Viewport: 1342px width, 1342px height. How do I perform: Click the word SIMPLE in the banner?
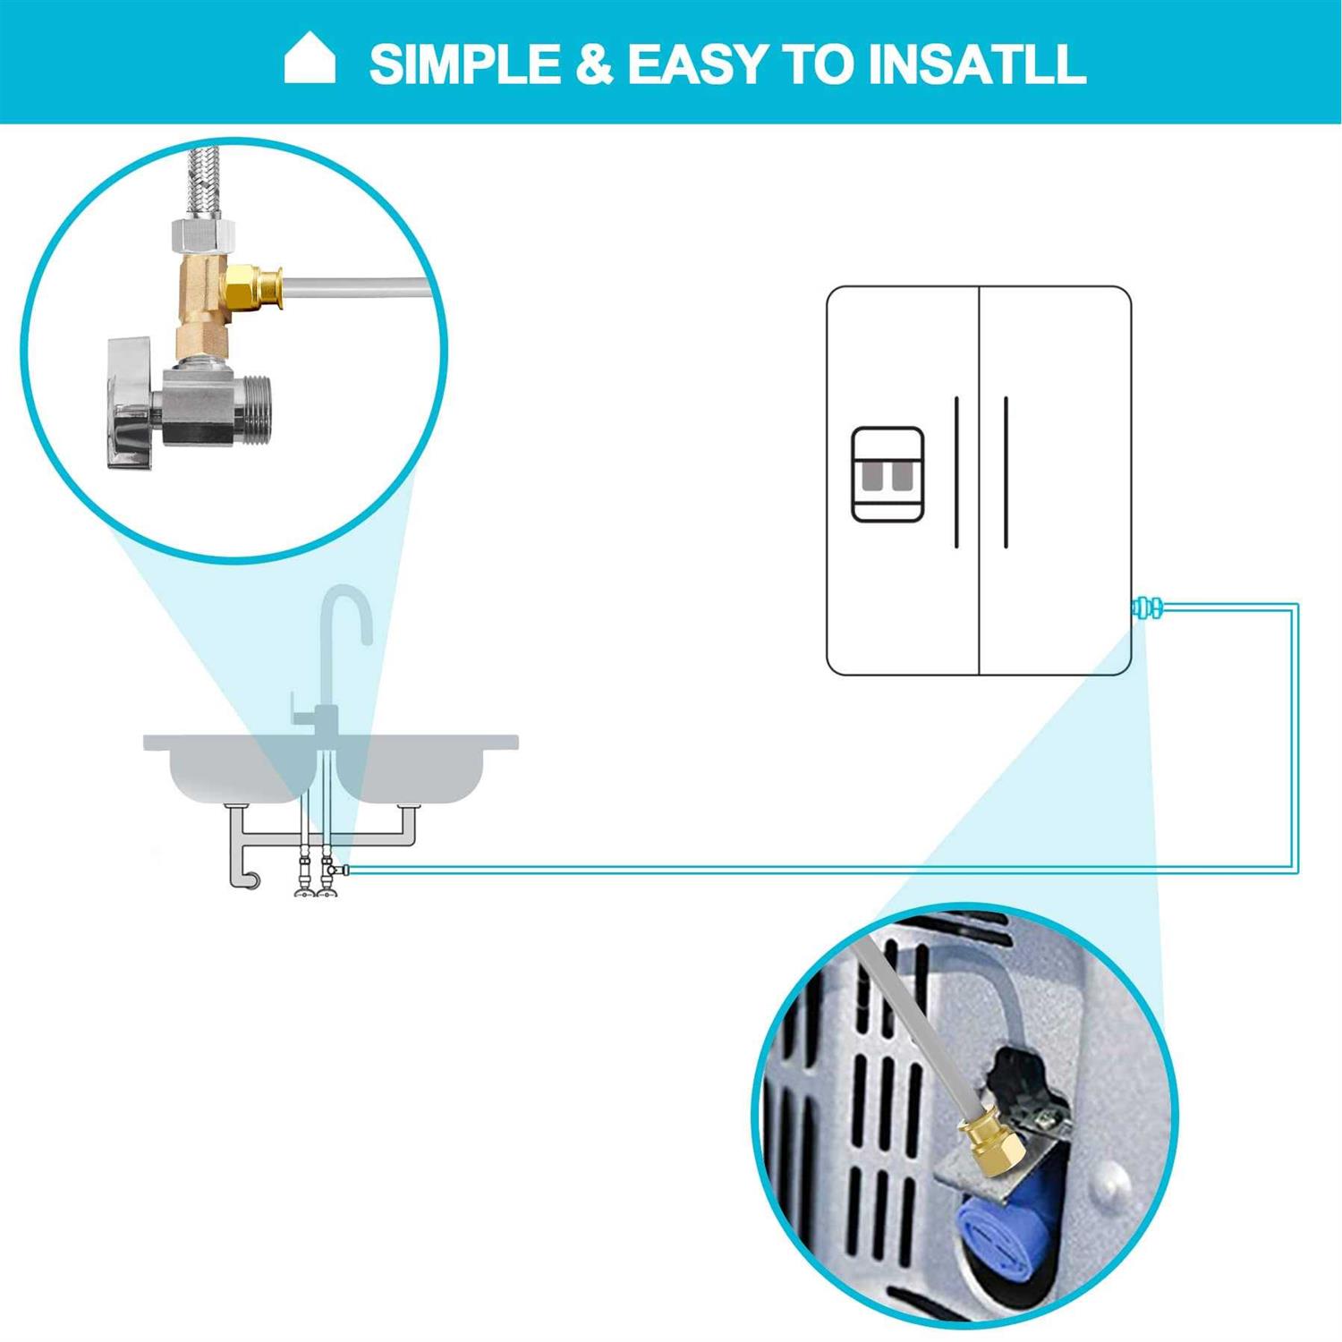coord(465,64)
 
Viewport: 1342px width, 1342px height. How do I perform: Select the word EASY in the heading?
coord(697,64)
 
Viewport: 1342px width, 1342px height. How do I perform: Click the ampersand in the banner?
coord(594,64)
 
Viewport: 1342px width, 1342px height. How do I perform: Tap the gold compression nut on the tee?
coord(252,285)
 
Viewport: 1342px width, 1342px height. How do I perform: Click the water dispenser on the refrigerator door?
coord(888,474)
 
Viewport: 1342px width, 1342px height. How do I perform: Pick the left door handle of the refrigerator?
coord(956,471)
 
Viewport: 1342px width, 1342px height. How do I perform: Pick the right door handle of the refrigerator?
coord(1006,471)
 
